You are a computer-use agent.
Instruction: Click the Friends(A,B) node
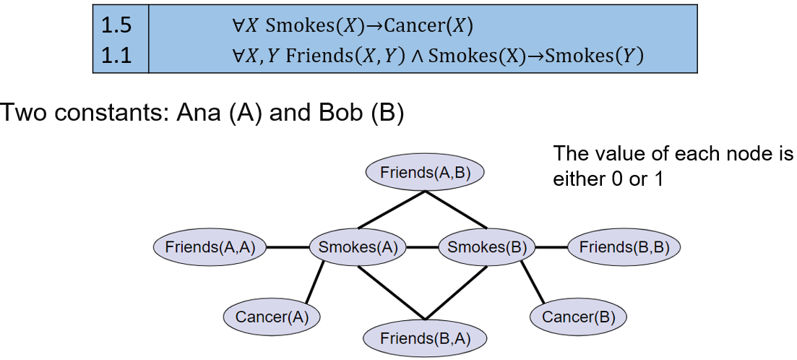click(424, 173)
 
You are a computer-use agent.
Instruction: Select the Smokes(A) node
click(358, 247)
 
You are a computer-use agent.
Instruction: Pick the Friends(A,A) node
click(210, 247)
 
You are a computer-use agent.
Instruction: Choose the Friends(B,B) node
click(624, 247)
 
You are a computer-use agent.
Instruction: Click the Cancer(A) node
click(272, 317)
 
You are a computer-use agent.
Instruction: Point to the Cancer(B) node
click(578, 317)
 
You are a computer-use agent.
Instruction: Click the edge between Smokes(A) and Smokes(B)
click(423, 247)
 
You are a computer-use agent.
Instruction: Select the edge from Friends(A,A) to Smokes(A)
click(288, 247)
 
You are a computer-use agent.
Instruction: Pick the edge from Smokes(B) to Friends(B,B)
click(551, 247)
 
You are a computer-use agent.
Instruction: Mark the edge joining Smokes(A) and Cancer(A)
click(314, 283)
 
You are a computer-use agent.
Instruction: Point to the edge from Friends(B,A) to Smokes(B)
click(455, 291)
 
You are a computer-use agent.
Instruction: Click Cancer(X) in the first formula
click(428, 27)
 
